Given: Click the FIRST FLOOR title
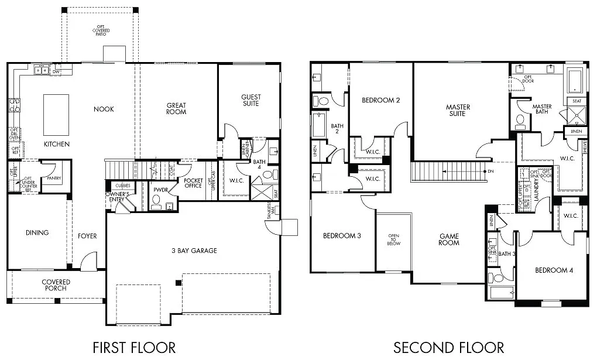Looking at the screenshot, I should coord(134,347).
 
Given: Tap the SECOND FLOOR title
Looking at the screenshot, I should coord(448,347).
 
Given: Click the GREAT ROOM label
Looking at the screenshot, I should coord(176,109).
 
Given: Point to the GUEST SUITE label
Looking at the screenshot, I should coord(251,100).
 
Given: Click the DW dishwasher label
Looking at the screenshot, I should coord(56,71).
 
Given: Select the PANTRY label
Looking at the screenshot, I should coord(54,178).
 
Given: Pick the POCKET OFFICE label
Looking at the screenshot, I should coord(193,183).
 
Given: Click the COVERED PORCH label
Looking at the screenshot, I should coord(56,285).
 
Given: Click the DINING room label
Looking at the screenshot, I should coord(37,233).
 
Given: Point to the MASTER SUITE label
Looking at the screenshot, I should coord(458,110).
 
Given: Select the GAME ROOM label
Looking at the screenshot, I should coord(450,239).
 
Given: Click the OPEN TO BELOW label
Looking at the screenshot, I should coord(393,239).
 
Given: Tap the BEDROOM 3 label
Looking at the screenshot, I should coord(342,236).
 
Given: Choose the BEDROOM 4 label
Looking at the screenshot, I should coord(553,270).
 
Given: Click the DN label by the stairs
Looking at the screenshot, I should coord(490,172).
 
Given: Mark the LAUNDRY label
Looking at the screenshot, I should coord(536,190).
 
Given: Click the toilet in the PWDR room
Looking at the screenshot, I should coord(156,201).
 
